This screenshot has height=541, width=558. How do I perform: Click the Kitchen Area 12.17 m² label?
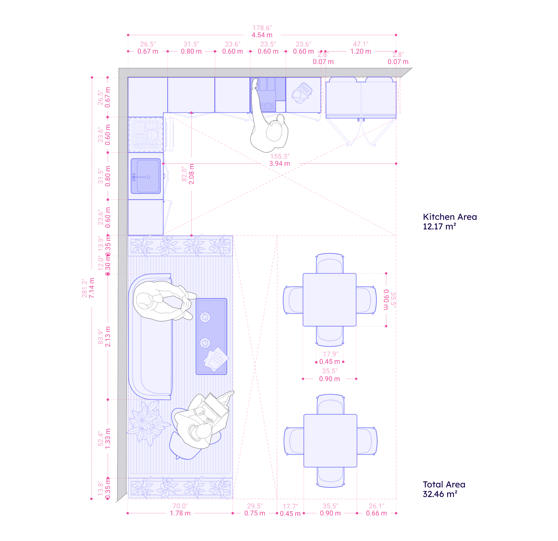[450, 221]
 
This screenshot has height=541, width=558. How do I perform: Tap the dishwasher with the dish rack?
[146, 135]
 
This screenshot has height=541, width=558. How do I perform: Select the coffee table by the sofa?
[211, 336]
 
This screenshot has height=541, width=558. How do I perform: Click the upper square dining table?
[330, 300]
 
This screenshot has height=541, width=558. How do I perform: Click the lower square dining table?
[330, 440]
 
